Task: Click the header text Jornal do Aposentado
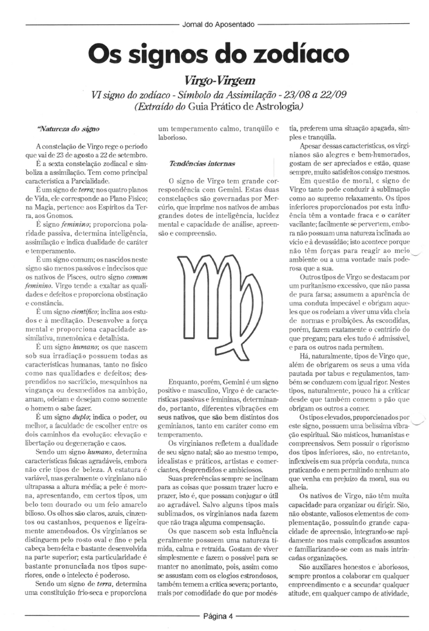click(218, 25)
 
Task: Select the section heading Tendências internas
click(202, 163)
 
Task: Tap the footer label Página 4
click(218, 617)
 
